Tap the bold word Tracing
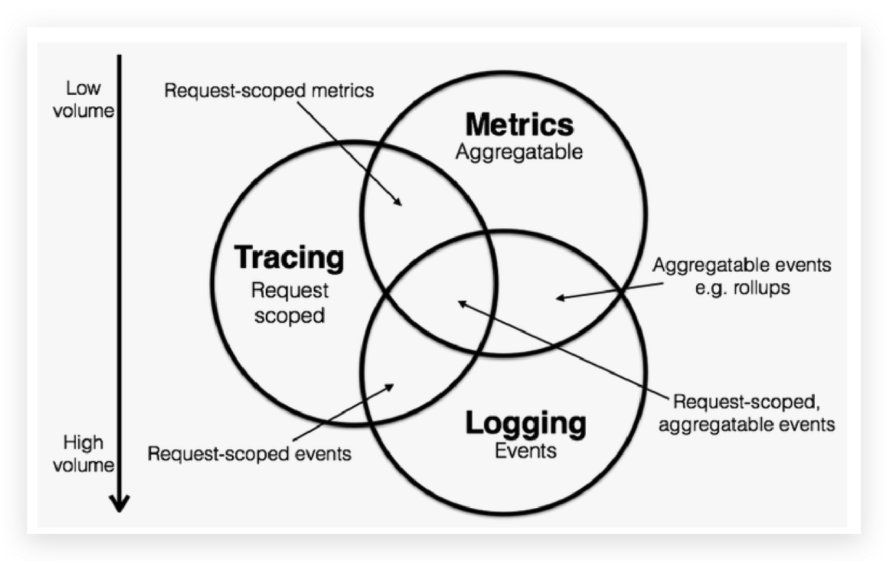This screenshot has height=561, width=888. pos(289,258)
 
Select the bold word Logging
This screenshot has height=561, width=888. pos(525,423)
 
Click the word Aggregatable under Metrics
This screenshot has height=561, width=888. pos(519,151)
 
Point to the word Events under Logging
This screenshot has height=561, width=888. pos(525,450)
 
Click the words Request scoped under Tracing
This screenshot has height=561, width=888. pos(289,303)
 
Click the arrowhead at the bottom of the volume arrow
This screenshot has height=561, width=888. pos(120,505)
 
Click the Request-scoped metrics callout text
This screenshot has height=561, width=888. pos(268,90)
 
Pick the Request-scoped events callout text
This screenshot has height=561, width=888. pos(249,453)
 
